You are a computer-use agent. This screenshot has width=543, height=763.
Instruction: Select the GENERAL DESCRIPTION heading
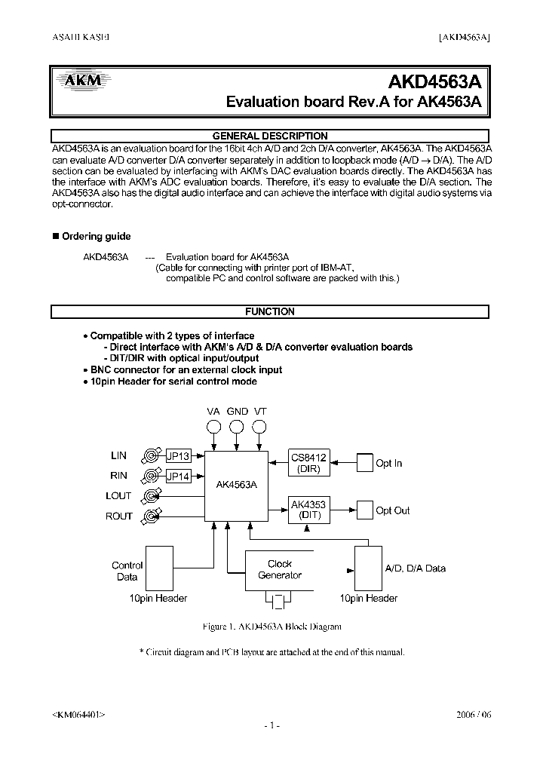270,136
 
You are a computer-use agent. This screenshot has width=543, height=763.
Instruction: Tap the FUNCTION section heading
270,311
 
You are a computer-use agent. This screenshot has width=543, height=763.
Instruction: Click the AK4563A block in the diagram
236,486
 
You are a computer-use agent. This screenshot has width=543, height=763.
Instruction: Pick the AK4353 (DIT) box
309,510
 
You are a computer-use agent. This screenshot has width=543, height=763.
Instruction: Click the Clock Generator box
280,570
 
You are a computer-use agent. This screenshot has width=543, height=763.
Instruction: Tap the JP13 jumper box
178,456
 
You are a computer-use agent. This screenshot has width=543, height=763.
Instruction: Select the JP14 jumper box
178,476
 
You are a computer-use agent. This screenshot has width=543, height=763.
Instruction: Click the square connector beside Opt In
364,463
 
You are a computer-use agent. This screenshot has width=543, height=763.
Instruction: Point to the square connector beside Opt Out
364,510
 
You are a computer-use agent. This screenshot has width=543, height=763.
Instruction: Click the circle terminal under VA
214,428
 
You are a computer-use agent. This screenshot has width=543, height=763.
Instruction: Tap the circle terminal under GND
237,428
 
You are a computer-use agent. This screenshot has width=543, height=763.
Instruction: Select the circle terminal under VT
259,428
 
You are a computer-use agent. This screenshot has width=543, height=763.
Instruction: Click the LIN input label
118,456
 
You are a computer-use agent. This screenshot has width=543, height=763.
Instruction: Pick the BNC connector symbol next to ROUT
152,516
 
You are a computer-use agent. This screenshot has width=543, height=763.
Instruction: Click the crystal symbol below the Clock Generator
279,602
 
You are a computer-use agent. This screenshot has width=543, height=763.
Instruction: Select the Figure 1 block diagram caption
272,627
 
